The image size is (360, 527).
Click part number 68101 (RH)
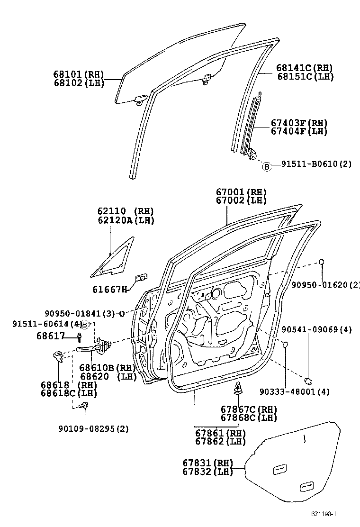tap(79, 74)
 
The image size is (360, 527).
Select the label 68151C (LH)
tap(305, 77)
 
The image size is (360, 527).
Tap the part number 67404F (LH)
tap(299, 131)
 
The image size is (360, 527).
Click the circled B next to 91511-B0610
tap(266, 166)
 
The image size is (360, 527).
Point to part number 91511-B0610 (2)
tap(316, 164)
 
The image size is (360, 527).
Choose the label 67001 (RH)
tap(241, 192)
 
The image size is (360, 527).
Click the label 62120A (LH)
tap(126, 220)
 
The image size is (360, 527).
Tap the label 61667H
tap(110, 289)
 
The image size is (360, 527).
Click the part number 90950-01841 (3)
tap(79, 314)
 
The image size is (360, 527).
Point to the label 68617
tap(51, 336)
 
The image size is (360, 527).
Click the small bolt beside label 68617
tap(79, 336)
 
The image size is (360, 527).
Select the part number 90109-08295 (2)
tap(94, 429)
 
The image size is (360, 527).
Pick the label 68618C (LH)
tap(69, 393)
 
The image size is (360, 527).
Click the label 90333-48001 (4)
tap(295, 391)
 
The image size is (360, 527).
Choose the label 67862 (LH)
tap(220, 441)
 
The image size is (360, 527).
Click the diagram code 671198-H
tap(324, 514)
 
